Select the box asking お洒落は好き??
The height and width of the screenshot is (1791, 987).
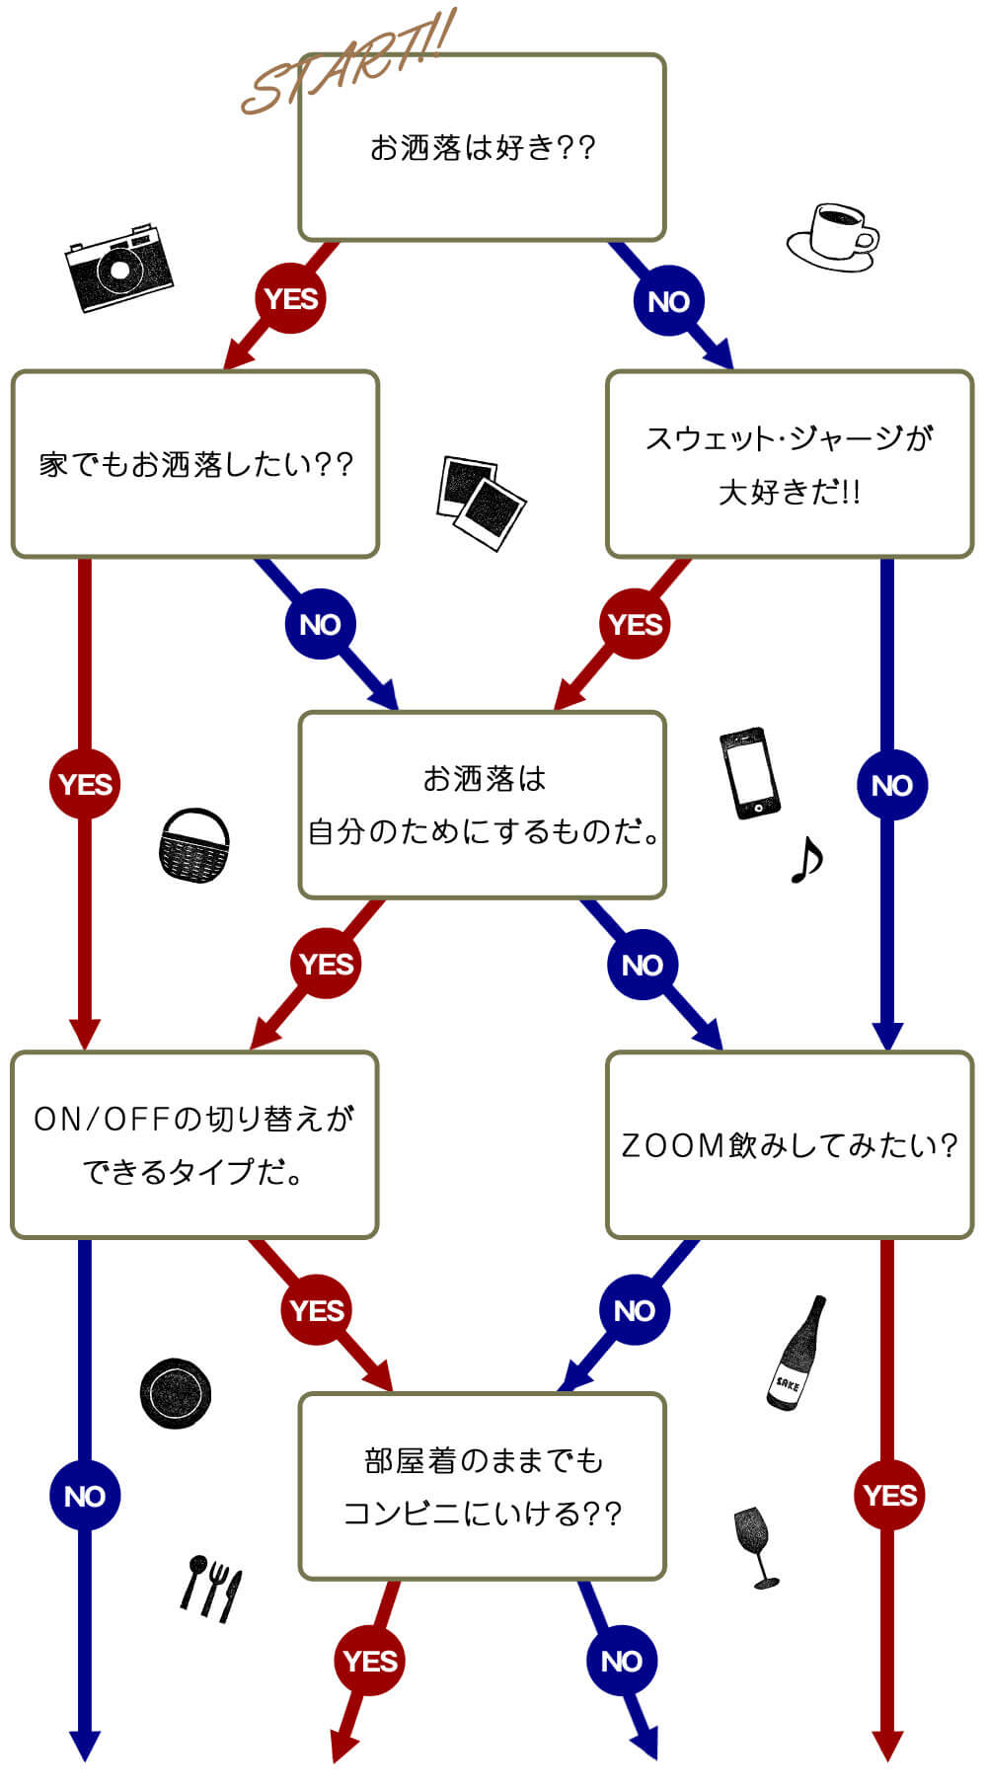pyautogui.click(x=482, y=148)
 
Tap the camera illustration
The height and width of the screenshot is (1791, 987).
pyautogui.click(x=118, y=267)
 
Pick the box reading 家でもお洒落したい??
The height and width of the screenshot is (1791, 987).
pyautogui.click(x=195, y=464)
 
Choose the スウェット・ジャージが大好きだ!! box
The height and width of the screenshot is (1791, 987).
pyautogui.click(x=790, y=464)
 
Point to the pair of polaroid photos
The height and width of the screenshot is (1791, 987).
pyautogui.click(x=481, y=502)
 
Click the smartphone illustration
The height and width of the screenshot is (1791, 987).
pyautogui.click(x=749, y=774)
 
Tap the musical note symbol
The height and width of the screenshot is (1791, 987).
pyautogui.click(x=806, y=860)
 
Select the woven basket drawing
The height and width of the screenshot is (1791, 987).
pyautogui.click(x=194, y=846)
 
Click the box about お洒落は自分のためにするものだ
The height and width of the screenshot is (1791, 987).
pyautogui.click(x=482, y=805)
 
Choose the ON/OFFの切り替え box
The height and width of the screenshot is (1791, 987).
pyautogui.click(x=194, y=1144)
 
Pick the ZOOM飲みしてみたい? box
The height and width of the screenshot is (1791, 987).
pyautogui.click(x=790, y=1144)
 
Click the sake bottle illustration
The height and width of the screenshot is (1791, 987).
pyautogui.click(x=797, y=1353)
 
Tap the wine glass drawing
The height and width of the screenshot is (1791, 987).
pyautogui.click(x=756, y=1545)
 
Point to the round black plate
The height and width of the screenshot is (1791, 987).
pyautogui.click(x=176, y=1393)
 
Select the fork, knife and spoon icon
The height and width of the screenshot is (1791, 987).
pyautogui.click(x=211, y=1588)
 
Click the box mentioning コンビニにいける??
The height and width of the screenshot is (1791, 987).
pyautogui.click(x=482, y=1486)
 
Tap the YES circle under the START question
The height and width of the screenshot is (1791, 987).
pyautogui.click(x=291, y=298)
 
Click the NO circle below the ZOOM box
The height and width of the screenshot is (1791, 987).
pyautogui.click(x=634, y=1310)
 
